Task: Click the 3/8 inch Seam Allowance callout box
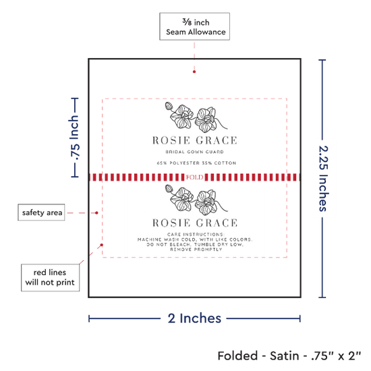tap(194, 26)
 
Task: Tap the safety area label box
tap(41, 212)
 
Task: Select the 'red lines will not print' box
tap(50, 277)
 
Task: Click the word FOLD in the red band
tap(194, 177)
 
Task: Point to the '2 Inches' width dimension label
tap(194, 318)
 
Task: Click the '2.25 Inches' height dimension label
tap(323, 178)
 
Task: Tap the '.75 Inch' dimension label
tap(74, 138)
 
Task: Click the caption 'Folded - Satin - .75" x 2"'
tap(289, 355)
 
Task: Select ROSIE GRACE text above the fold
tap(194, 140)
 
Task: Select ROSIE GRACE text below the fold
tap(195, 223)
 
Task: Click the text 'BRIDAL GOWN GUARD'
tap(194, 152)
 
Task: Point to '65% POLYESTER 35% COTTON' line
tap(196, 163)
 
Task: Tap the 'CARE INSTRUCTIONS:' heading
tap(196, 234)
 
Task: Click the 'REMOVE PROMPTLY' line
tap(196, 250)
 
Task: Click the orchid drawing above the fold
tap(196, 117)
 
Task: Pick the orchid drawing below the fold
tap(196, 200)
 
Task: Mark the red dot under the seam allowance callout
tap(194, 72)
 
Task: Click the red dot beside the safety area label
tap(96, 213)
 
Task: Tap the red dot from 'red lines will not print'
tap(101, 245)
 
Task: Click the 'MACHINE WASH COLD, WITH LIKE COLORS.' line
tap(195, 239)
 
